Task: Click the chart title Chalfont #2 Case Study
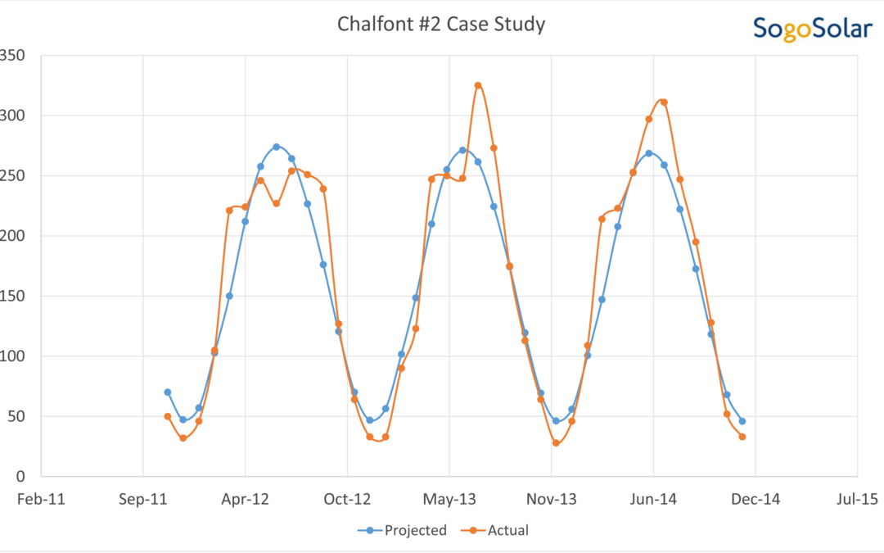click(x=441, y=25)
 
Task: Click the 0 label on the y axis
click(x=20, y=476)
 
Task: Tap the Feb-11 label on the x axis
click(x=41, y=499)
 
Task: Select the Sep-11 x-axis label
click(x=142, y=499)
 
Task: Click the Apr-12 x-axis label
click(x=245, y=499)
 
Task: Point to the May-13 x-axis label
click(x=449, y=499)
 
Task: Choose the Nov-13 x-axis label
click(x=551, y=499)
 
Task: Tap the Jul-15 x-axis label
click(x=857, y=499)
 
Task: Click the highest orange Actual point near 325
click(x=478, y=85)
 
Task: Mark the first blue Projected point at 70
click(x=168, y=392)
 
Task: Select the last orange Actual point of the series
click(x=742, y=437)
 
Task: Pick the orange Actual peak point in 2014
click(x=664, y=102)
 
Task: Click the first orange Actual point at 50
click(x=168, y=416)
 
